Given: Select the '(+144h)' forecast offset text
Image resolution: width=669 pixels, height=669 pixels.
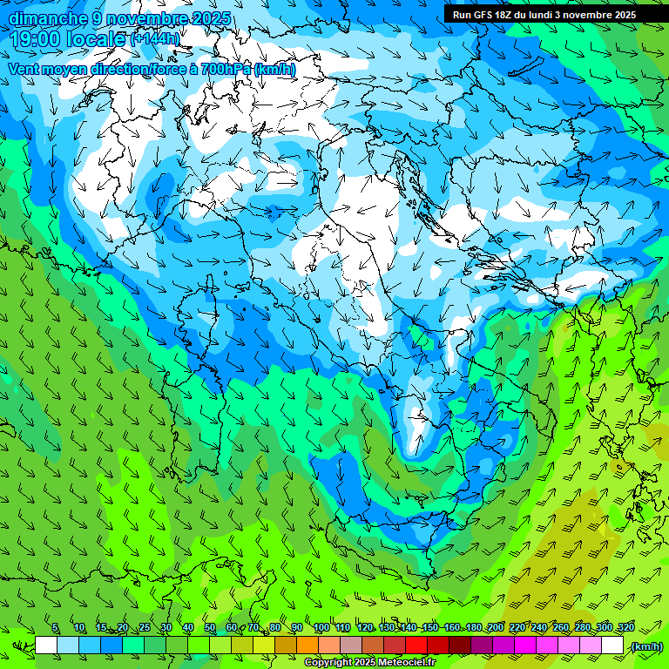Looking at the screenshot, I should click(156, 38).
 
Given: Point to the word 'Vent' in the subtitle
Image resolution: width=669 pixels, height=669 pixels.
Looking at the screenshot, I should click(24, 69).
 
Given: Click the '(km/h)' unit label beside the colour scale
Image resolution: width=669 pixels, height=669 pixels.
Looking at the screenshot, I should click(645, 645).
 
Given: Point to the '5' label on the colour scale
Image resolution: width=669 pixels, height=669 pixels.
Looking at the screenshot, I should click(55, 628).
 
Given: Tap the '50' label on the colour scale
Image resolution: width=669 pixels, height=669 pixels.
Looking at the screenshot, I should click(209, 628).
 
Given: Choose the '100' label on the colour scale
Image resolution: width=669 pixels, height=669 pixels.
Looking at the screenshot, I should click(321, 628).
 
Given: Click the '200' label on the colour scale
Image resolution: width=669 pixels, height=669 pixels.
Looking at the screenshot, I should click(496, 628).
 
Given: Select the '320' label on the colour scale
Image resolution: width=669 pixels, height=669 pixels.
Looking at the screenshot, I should click(626, 628).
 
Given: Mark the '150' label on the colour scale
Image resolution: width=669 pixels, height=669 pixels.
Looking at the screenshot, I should click(430, 628).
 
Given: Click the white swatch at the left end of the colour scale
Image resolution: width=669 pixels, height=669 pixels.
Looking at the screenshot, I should click(46, 645).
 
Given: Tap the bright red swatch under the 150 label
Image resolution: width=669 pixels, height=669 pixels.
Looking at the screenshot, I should click(416, 645).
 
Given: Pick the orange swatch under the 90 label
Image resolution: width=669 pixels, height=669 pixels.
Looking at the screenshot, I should click(307, 645).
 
